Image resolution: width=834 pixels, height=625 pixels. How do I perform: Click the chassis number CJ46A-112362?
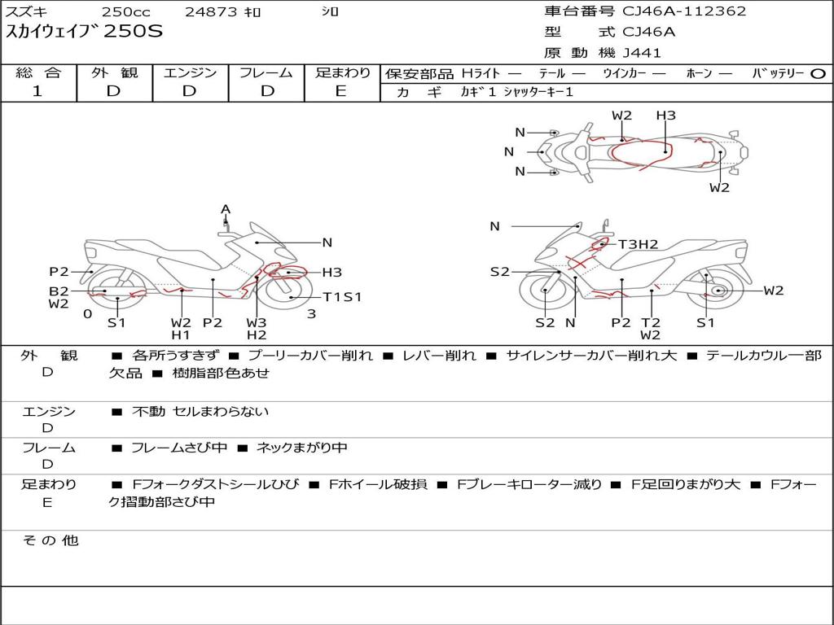click(684, 11)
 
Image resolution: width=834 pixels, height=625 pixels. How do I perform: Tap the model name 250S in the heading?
click(133, 32)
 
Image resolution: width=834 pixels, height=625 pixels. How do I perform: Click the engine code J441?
click(642, 53)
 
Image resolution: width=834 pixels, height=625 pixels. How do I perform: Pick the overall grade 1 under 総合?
click(37, 91)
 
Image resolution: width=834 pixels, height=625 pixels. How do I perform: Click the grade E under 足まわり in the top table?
click(341, 91)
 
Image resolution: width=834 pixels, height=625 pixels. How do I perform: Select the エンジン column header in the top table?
click(190, 72)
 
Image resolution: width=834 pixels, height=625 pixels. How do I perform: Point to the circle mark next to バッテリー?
click(818, 74)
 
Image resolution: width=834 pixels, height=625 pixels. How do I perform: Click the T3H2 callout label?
click(639, 244)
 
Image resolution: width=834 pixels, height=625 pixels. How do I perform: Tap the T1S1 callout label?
click(342, 297)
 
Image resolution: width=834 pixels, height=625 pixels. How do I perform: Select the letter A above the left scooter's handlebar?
click(226, 210)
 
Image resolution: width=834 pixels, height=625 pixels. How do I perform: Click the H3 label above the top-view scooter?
click(665, 116)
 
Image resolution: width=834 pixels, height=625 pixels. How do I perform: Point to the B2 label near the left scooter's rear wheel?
click(59, 291)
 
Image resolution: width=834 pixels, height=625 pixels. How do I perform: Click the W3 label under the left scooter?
click(257, 322)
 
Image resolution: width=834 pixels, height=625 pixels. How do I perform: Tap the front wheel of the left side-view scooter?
click(288, 293)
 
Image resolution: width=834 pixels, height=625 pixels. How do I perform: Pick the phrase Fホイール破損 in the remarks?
click(378, 484)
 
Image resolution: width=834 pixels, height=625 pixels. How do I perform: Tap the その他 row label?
click(50, 540)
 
